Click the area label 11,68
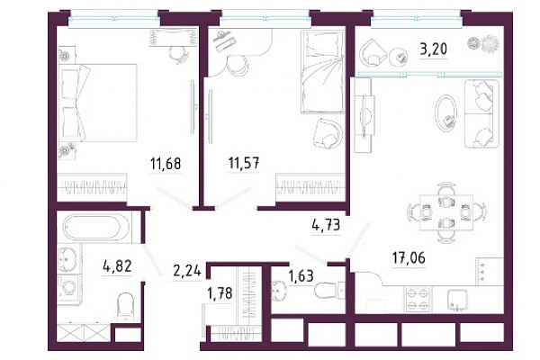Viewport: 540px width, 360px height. tap(166, 164)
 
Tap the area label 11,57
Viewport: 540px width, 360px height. tap(244, 163)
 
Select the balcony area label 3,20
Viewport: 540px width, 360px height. tap(433, 49)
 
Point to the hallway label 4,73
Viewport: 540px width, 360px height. tap(326, 225)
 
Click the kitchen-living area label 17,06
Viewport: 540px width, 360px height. tap(409, 257)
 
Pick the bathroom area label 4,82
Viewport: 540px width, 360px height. tap(117, 266)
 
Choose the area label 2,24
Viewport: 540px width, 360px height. tap(187, 271)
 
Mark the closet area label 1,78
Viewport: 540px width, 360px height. tap(220, 293)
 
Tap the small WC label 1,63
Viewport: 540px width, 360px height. tap(301, 275)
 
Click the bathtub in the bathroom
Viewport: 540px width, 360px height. tap(92, 228)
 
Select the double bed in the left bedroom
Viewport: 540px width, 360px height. tap(98, 103)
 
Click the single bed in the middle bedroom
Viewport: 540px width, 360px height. tap(322, 72)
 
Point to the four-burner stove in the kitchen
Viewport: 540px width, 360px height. tap(418, 299)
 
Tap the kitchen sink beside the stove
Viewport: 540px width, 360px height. tap(457, 300)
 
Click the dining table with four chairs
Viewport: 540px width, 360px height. tap(446, 212)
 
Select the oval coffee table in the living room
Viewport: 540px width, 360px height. tap(446, 112)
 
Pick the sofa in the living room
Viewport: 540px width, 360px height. tap(481, 113)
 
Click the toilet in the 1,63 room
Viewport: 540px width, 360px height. tap(329, 290)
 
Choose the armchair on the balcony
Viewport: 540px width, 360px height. tap(373, 52)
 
